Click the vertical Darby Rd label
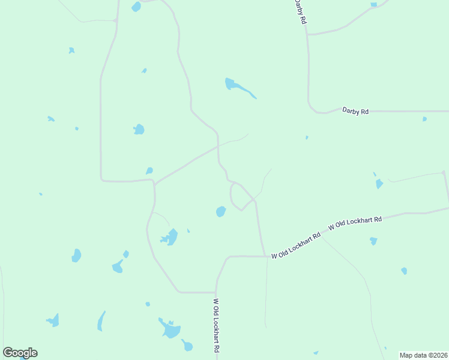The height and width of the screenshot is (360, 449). pos(300,12)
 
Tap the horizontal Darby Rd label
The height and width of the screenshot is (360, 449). pos(355,110)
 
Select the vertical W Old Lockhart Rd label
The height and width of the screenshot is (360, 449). pos(216,326)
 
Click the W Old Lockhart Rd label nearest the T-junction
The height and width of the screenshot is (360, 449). pos(296,246)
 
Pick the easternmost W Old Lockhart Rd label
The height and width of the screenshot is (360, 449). pos(355,224)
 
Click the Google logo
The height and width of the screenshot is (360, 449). pos(20,353)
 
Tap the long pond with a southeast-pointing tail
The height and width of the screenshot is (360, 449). pos(238,88)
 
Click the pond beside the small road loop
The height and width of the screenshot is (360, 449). pos(221,212)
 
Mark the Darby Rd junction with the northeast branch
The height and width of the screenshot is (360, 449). pos(307,34)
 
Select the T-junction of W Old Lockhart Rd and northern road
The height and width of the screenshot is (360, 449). pos(265,256)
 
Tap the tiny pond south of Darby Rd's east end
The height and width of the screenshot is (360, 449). pos(424,119)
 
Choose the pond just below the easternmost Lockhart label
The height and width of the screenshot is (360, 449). pos(373,241)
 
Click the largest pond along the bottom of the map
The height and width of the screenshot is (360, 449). pos(170,329)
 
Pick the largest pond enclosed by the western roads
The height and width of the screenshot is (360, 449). pos(139,129)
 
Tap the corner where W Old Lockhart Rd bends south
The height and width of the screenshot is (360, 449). pos(227,258)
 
